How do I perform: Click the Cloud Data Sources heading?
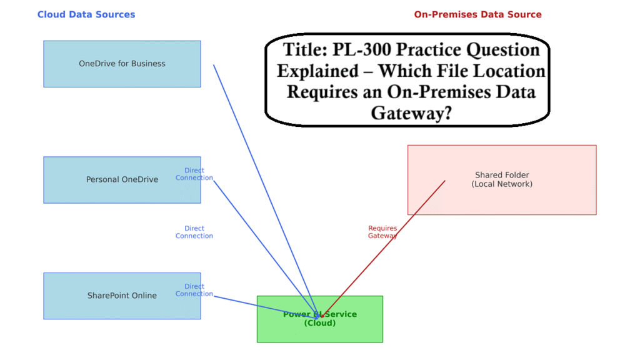[86, 14]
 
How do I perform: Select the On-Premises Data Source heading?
[477, 14]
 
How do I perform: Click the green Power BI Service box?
[320, 331]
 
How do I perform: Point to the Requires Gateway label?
[382, 232]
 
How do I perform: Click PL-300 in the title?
[361, 49]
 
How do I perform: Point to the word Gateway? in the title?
[411, 112]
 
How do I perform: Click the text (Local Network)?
[502, 184]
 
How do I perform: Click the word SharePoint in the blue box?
[106, 296]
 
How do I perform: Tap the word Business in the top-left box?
[149, 64]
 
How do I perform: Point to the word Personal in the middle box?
[102, 180]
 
